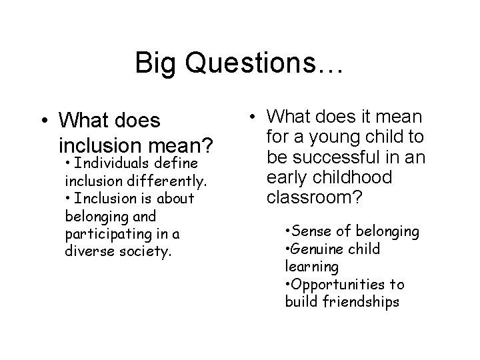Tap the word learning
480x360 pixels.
tap(311, 267)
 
